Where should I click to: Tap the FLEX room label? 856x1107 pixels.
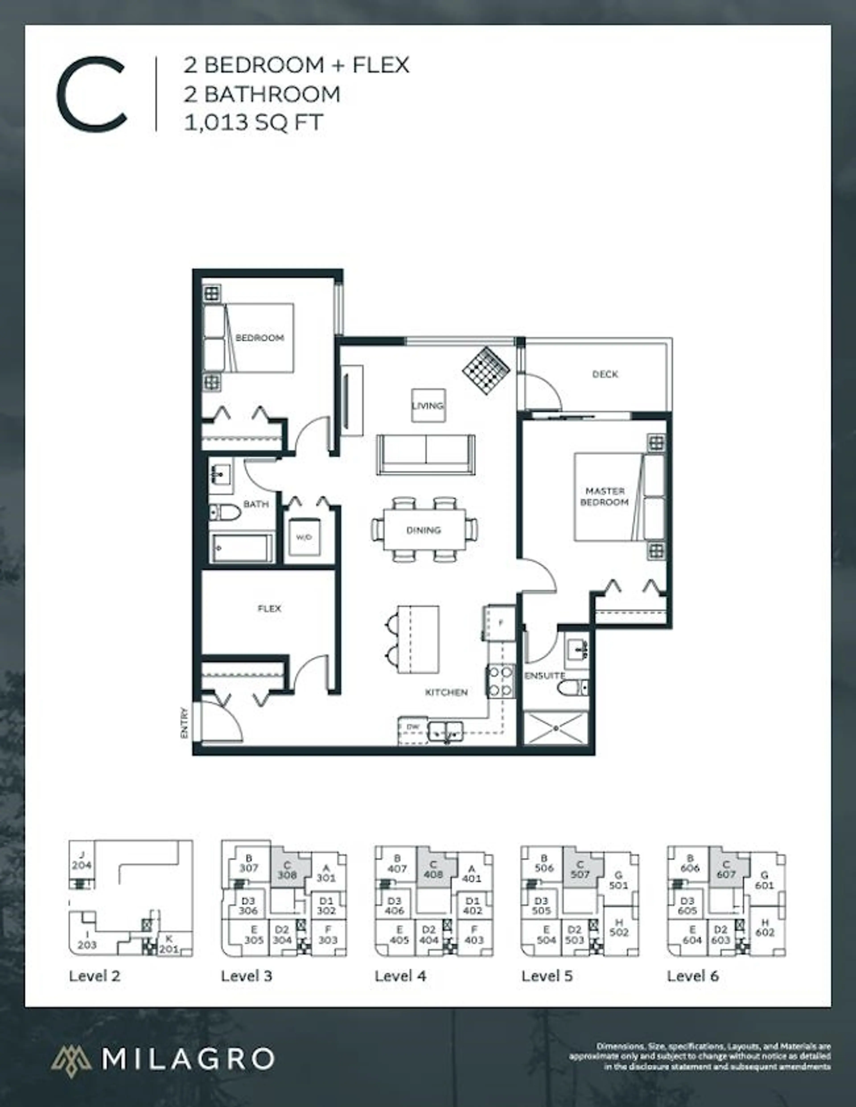tap(269, 608)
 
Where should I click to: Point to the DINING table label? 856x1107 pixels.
tap(424, 530)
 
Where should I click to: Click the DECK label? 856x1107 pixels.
tap(605, 374)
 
